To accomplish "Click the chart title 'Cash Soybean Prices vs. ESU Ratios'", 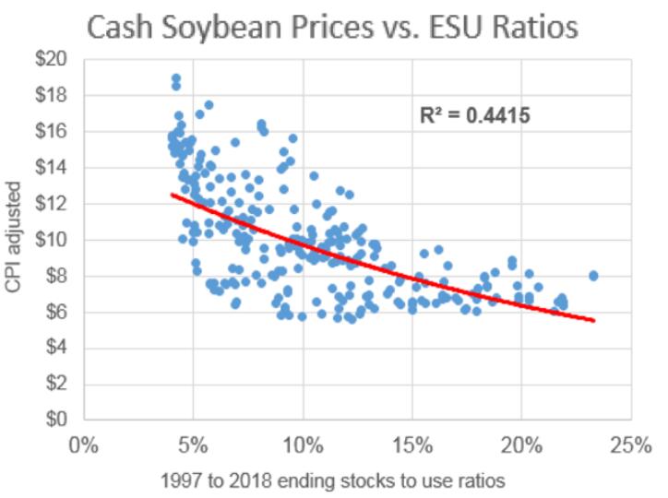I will coord(333,27).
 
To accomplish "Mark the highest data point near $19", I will coord(175,78).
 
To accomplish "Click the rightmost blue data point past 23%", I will coord(594,275).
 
